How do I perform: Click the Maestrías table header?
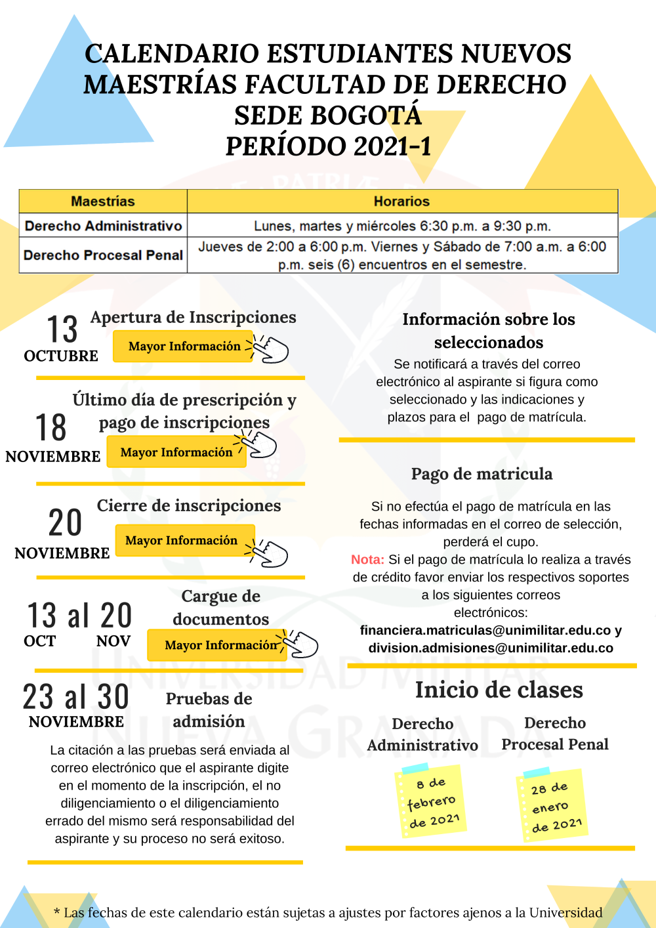coord(103,201)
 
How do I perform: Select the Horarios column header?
coord(401,201)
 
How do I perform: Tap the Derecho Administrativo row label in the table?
coord(103,226)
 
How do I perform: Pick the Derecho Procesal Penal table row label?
coord(103,255)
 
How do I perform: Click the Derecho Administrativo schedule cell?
coord(402,226)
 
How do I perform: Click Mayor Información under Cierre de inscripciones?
coord(182,540)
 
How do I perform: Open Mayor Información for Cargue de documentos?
coord(220,645)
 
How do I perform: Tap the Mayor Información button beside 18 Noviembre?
coord(176,452)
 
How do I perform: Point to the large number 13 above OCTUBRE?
coord(62,329)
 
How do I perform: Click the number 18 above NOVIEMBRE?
coord(51,428)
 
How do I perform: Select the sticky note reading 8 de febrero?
coord(431,801)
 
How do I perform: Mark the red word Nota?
coord(367,560)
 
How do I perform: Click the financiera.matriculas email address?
coord(485,630)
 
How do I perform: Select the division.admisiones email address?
coord(491,648)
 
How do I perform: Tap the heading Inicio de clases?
coord(499,690)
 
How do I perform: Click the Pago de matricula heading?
coord(482,474)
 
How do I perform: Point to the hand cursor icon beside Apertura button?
coord(270,349)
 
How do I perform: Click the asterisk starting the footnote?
coord(57,912)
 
